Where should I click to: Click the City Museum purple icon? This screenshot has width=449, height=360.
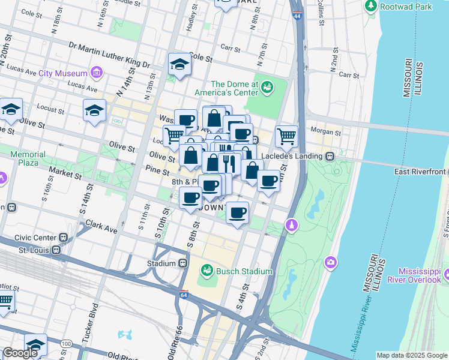coord(96,73)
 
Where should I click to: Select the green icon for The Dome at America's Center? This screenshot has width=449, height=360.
coord(267,89)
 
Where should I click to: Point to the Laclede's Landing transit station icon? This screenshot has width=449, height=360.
coord(330,155)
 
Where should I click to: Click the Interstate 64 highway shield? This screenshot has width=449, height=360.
coord(184,295)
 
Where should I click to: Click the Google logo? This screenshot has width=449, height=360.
coord(20,353)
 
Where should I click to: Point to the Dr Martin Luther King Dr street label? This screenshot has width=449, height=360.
coord(109,54)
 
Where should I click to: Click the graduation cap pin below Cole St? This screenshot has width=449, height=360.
coord(179,64)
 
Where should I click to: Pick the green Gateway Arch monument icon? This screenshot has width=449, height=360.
coord(291,224)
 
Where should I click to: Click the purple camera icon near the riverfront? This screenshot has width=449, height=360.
coord(330,262)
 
